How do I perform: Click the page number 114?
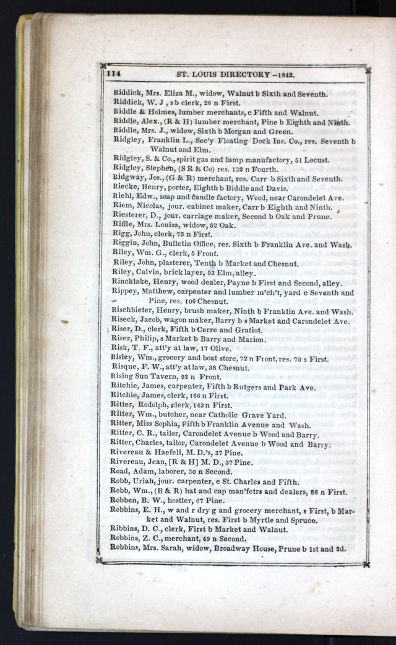pos(113,73)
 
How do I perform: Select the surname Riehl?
pos(122,198)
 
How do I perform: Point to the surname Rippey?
pos(126,292)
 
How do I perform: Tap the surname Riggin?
pos(124,245)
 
